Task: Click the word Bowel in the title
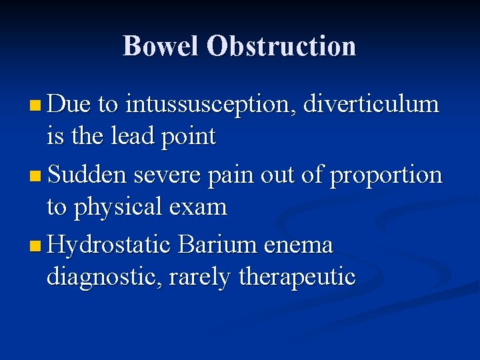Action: (161, 46)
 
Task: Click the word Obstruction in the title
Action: (281, 46)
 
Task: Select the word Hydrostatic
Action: (111, 246)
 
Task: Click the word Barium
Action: (218, 246)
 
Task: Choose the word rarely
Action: (200, 277)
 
